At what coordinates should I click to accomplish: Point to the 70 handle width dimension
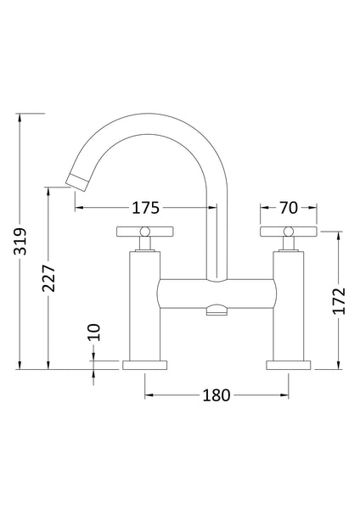[289, 207]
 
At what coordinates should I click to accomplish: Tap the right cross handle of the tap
[289, 233]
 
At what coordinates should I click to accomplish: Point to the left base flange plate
[146, 366]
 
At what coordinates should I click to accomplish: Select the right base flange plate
[289, 366]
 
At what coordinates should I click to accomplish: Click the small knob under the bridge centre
[217, 313]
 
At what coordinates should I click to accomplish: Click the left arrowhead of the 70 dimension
[262, 207]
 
